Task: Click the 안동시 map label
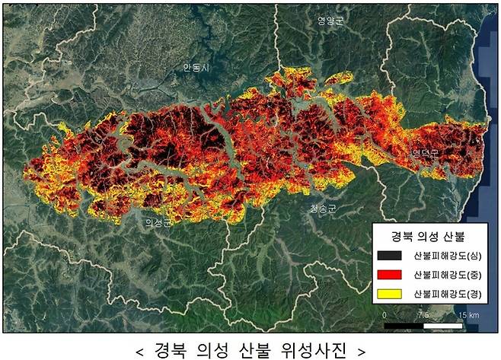(196, 67)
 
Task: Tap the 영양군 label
(330, 21)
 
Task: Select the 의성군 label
(158, 222)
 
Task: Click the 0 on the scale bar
(385, 314)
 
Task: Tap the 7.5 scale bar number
(423, 314)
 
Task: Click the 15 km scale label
(467, 314)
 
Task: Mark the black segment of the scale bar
(404, 325)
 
